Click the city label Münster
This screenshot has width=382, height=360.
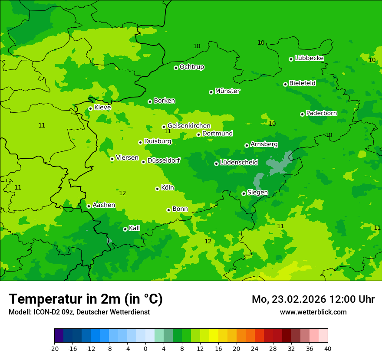(x=227, y=91)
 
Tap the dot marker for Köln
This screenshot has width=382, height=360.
(x=157, y=189)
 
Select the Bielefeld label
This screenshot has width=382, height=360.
(x=302, y=83)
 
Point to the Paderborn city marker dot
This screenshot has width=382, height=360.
(x=302, y=114)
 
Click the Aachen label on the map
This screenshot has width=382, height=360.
(x=104, y=205)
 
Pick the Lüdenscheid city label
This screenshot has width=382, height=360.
(x=239, y=163)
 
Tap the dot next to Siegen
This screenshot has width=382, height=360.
(x=244, y=193)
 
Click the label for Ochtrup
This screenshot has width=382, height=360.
(x=191, y=67)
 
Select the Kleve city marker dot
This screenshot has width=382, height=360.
(x=90, y=108)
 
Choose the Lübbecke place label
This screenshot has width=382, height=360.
(x=309, y=58)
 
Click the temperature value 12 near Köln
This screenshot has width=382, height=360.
(x=122, y=193)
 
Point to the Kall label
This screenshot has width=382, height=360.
(x=134, y=228)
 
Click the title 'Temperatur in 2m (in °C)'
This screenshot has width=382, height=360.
(x=86, y=299)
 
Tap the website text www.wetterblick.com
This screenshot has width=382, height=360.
(x=313, y=312)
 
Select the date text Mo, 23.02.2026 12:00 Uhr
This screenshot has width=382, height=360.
(x=313, y=299)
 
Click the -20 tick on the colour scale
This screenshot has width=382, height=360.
(x=54, y=348)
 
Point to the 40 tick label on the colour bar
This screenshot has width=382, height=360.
(x=327, y=348)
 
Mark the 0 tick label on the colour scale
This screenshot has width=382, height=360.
(x=145, y=348)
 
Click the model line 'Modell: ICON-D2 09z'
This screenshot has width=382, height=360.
(x=79, y=312)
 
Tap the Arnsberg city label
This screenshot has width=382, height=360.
(x=264, y=144)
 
